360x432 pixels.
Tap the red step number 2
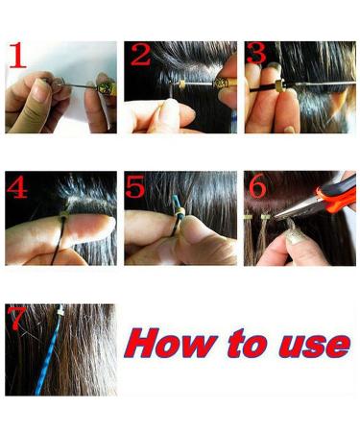point(140,56)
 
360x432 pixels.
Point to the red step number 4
point(17,188)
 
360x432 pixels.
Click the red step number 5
point(136,188)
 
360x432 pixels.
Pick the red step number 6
point(257,188)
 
